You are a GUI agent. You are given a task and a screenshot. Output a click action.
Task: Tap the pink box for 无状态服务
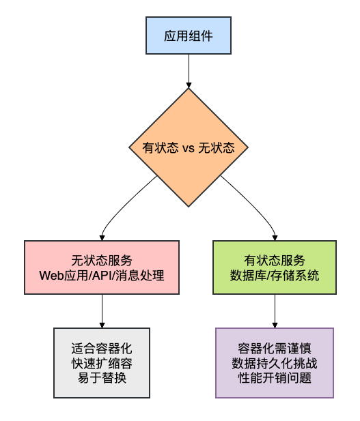(102, 267)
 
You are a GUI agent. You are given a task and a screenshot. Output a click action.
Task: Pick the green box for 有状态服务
(275, 267)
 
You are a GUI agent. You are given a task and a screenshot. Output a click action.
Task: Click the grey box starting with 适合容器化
(102, 362)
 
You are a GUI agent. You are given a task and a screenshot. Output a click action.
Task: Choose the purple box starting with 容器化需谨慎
(275, 362)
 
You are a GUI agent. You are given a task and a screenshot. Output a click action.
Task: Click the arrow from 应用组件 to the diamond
(188, 70)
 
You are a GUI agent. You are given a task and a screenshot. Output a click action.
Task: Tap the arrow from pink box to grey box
(102, 311)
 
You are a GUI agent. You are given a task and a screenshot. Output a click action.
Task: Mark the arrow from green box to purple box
(275, 311)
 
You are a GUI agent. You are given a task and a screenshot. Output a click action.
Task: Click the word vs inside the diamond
(189, 147)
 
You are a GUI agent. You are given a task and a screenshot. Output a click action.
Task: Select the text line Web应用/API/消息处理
(102, 276)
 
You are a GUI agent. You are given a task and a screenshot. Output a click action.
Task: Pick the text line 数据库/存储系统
(275, 276)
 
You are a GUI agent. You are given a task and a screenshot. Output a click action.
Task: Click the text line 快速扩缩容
(102, 362)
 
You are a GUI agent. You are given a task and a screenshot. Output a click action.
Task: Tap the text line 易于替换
(102, 377)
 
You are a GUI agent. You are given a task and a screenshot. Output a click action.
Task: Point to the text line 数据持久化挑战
(275, 362)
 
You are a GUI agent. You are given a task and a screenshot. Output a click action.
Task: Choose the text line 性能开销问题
(275, 377)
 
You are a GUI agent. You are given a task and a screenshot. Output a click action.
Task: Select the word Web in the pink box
(51, 276)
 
